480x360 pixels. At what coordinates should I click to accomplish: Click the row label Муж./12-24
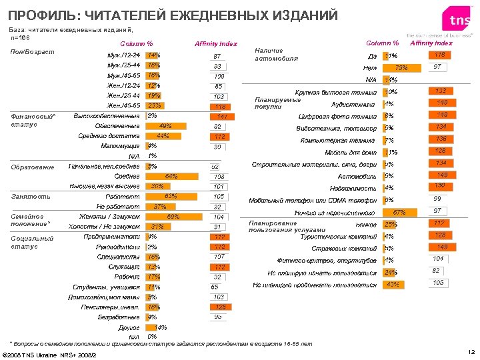(124, 55)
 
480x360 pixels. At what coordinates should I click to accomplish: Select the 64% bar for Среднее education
(167, 176)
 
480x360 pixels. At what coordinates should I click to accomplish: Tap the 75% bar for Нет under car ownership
(401, 68)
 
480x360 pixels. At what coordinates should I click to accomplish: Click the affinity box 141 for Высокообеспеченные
(222, 117)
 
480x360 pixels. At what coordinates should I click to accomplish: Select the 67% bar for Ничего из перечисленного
(398, 212)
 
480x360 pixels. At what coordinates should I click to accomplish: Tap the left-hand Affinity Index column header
(215, 43)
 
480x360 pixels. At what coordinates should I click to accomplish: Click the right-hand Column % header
(382, 43)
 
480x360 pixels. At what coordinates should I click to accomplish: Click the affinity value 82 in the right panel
(436, 271)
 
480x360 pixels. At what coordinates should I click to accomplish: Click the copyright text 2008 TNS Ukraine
(50, 354)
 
